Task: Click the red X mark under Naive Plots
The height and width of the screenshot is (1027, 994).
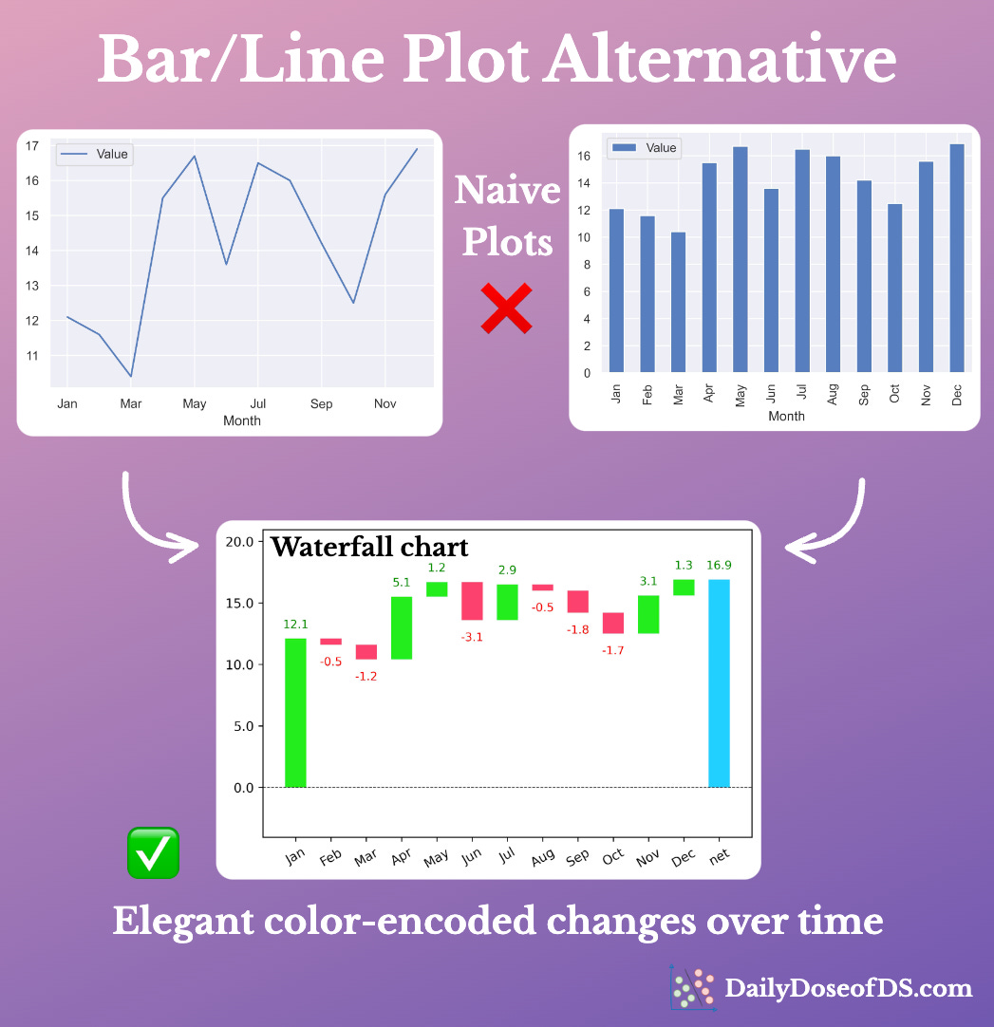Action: (506, 309)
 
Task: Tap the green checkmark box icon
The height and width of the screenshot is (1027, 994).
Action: (153, 852)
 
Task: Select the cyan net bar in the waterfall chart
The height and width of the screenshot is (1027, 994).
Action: (719, 683)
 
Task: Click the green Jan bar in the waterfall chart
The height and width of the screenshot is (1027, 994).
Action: (295, 712)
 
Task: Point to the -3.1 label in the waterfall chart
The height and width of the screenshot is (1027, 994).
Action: (472, 637)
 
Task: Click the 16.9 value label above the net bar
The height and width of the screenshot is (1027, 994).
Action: (719, 566)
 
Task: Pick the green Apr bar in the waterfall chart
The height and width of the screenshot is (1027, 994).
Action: (402, 627)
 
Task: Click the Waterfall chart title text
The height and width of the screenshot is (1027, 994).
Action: (369, 547)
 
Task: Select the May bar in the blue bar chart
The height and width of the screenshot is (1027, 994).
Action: (740, 259)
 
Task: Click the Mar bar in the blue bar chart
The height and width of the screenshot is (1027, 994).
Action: (678, 302)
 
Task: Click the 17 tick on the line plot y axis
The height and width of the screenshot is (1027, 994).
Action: (32, 145)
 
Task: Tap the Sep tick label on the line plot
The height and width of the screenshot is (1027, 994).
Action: (321, 404)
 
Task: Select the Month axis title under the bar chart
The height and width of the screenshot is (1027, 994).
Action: (786, 416)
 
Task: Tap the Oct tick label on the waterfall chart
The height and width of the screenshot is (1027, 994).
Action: (613, 855)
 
